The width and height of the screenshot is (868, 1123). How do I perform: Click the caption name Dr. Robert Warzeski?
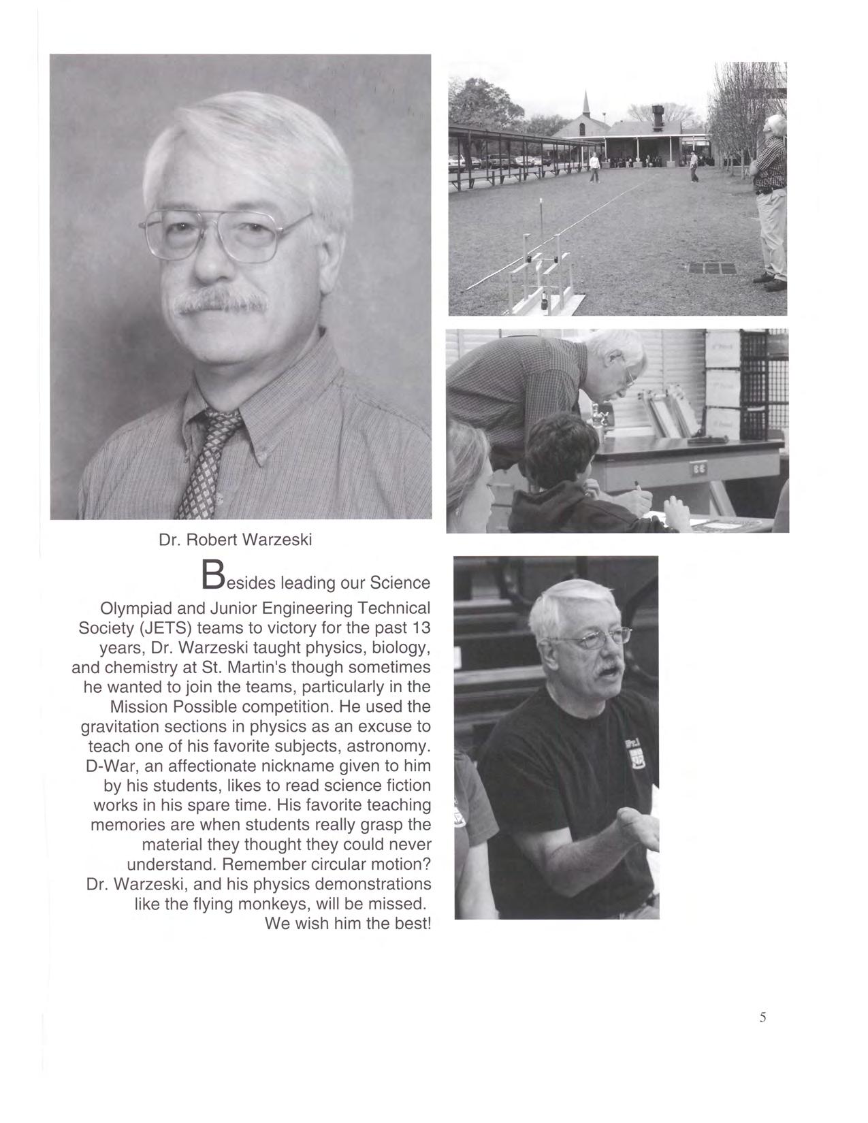point(235,540)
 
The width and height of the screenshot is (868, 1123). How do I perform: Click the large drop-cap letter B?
point(213,576)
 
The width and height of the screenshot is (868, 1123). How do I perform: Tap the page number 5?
point(762,1018)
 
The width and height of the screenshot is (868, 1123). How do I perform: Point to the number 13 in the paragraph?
point(420,627)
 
